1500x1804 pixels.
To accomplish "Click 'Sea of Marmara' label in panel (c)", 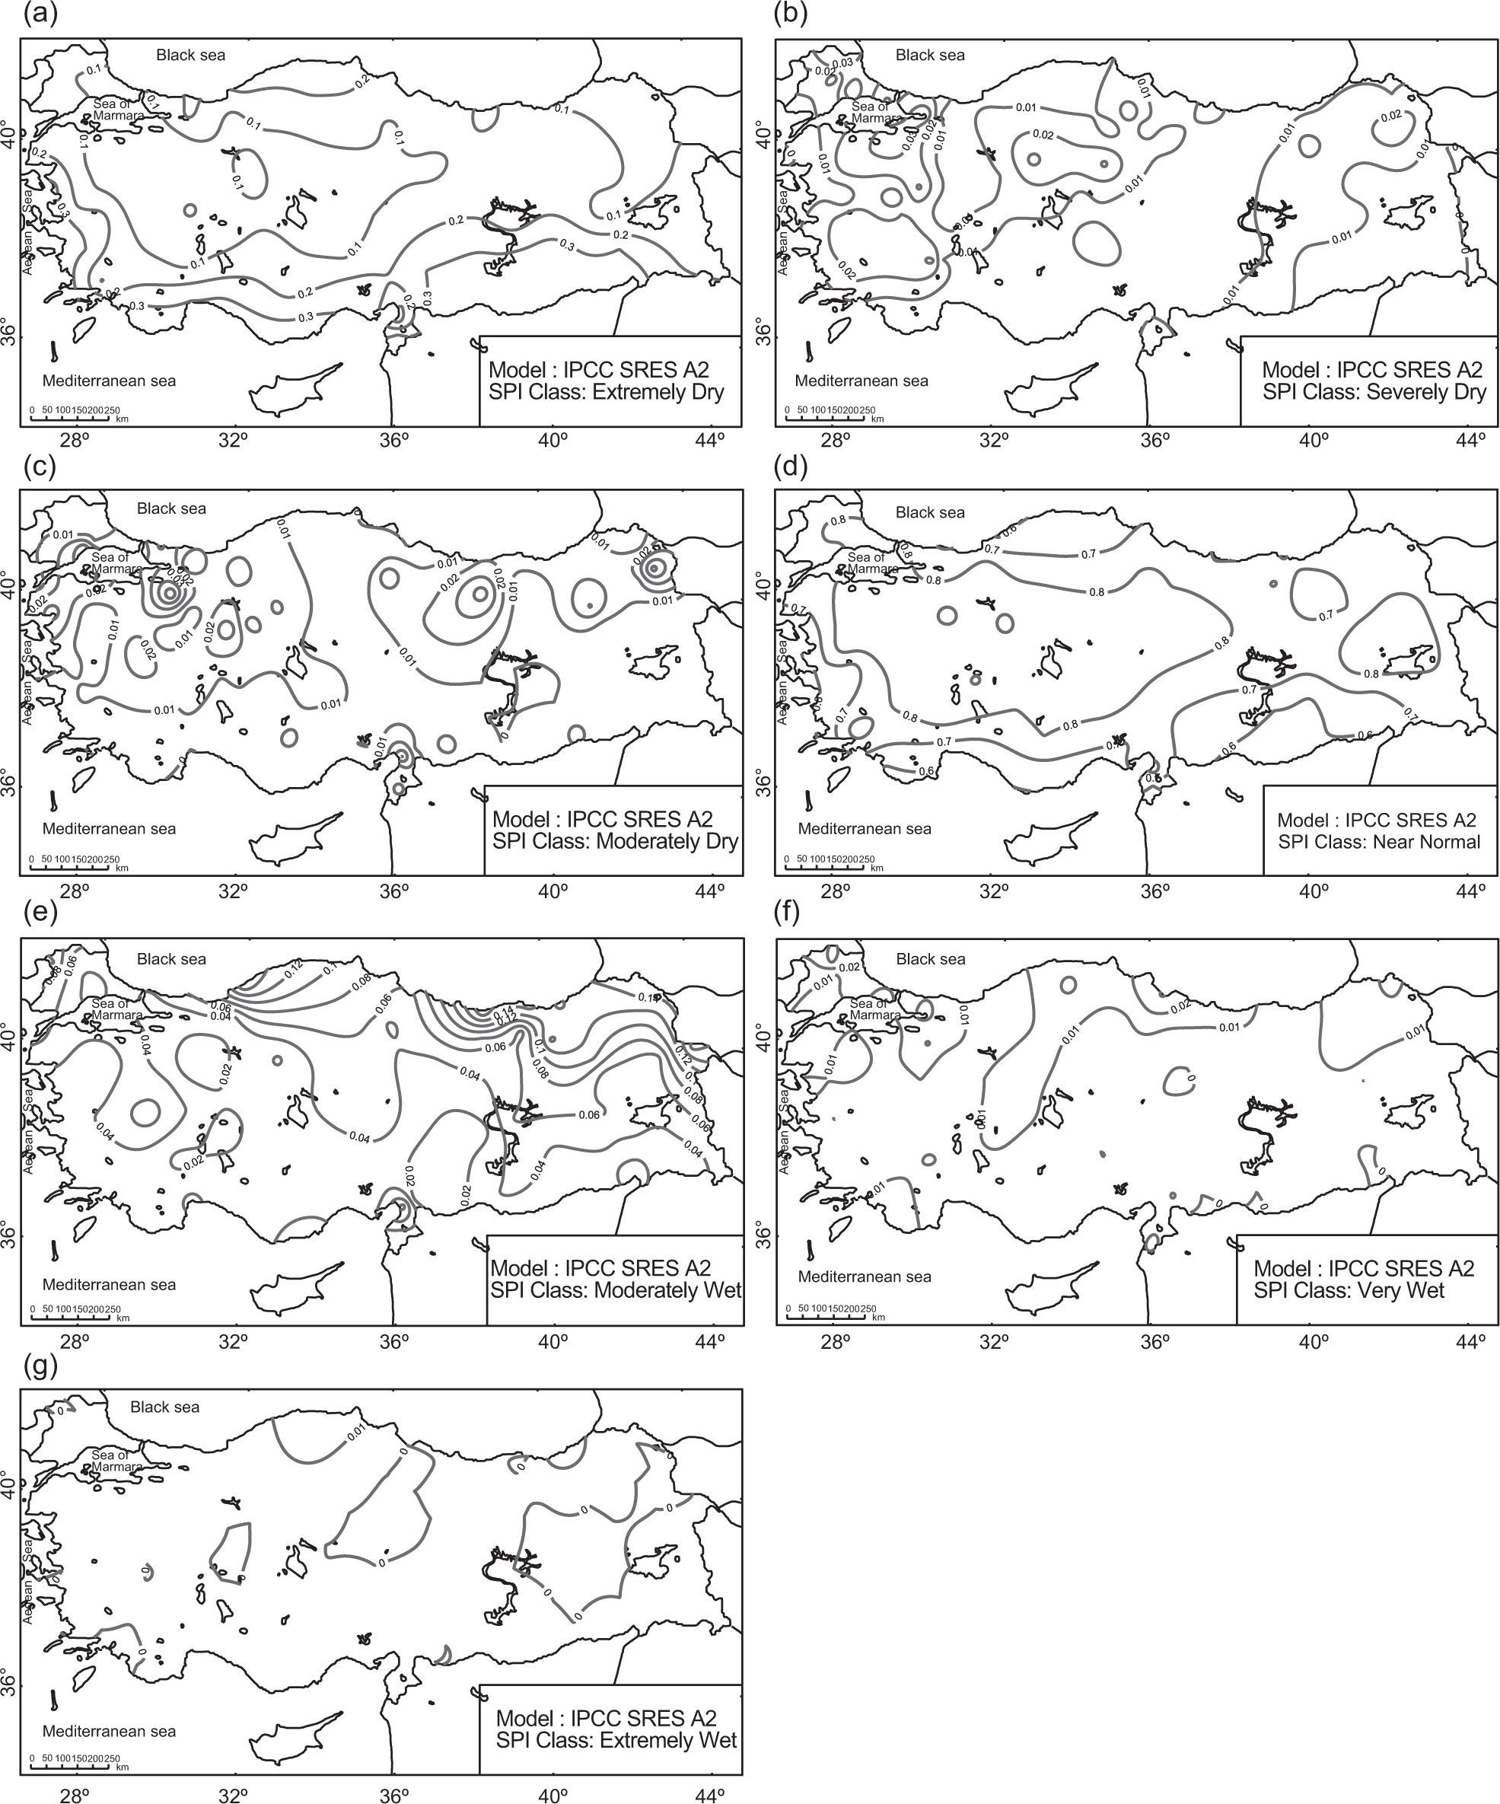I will click(x=115, y=563).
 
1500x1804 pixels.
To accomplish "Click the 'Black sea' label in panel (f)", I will click(x=931, y=958).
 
